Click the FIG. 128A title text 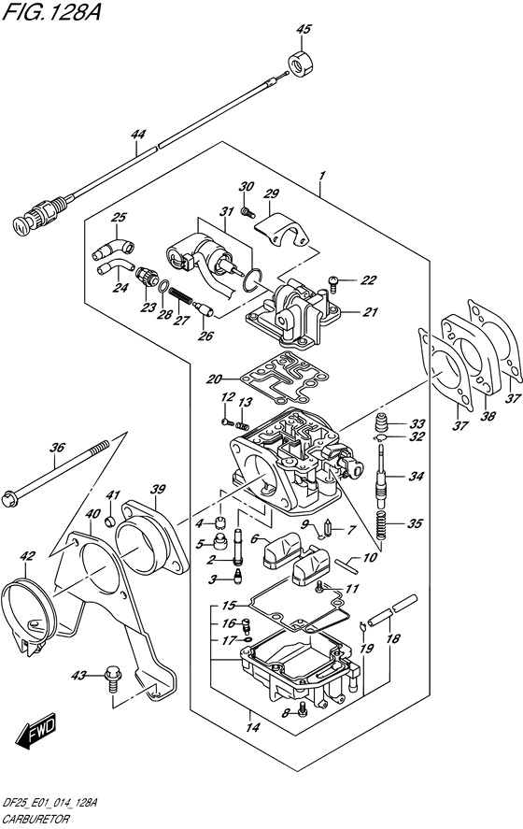(x=50, y=10)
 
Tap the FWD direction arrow (x=35, y=732)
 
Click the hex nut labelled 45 (x=302, y=63)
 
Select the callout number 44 (x=137, y=135)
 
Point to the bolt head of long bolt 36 (x=9, y=498)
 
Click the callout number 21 (x=371, y=312)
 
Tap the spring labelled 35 (x=385, y=524)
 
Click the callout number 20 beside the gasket (x=214, y=379)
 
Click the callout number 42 (x=27, y=556)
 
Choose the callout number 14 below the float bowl (x=254, y=727)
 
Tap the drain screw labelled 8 (x=303, y=710)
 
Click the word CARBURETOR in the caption (x=35, y=820)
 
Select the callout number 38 (x=488, y=416)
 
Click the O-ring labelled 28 (x=164, y=287)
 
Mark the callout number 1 (x=321, y=176)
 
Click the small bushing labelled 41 (x=111, y=522)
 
